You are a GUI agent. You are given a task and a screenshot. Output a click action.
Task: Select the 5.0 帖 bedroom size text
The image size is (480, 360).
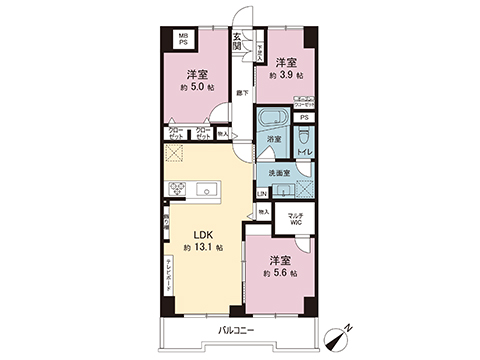click(196, 86)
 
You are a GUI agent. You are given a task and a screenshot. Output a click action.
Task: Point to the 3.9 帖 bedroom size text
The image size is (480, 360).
click(283, 76)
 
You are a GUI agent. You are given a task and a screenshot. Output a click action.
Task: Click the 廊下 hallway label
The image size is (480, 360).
click(242, 93)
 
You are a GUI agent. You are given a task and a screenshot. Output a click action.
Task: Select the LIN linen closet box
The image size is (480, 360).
click(262, 193)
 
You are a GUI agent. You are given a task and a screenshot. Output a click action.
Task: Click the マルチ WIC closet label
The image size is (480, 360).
click(295, 220)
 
